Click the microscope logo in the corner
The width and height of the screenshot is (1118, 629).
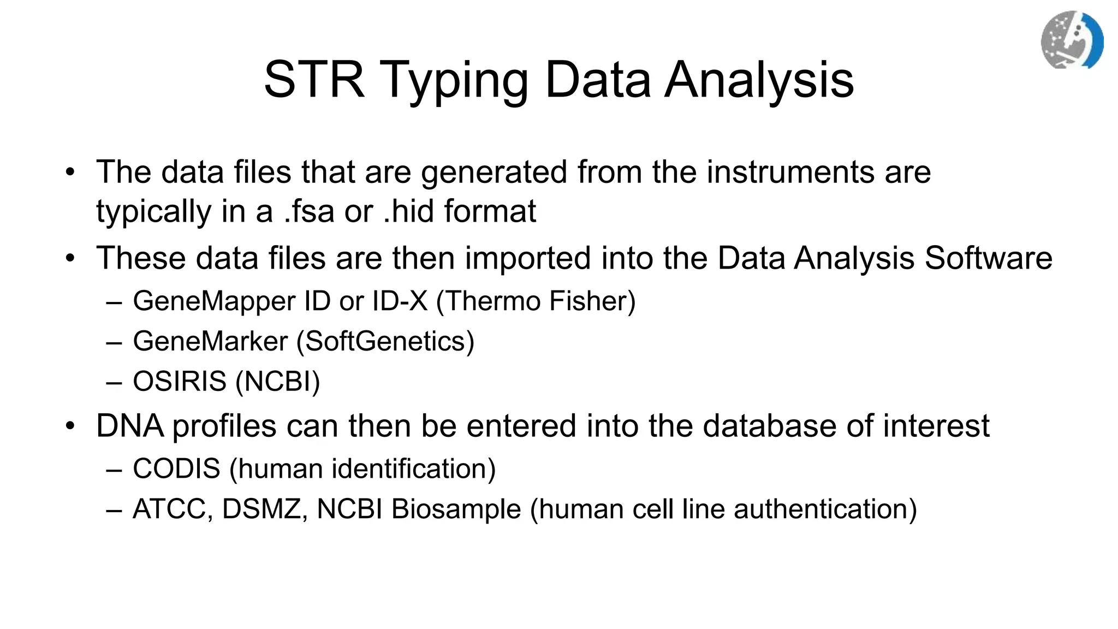1072,40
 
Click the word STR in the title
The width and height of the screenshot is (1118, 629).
314,80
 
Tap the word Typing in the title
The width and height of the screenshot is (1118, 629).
456,80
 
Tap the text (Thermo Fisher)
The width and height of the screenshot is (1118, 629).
536,301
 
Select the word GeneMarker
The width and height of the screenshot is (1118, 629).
210,341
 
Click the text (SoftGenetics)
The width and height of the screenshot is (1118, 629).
385,341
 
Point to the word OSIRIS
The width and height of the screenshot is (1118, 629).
180,381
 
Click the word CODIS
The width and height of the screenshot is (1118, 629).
176,468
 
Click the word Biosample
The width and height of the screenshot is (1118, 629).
456,509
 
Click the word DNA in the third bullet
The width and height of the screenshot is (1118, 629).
129,426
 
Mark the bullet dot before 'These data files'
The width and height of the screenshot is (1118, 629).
70,258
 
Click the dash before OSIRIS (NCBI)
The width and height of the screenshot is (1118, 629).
114,382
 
